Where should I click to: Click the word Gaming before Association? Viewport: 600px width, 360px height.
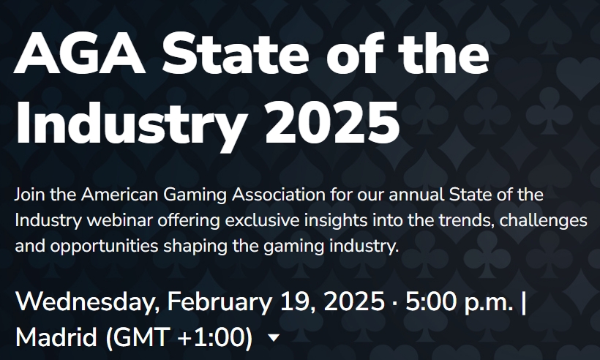[198, 196]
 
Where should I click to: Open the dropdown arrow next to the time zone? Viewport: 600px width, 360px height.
[274, 338]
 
